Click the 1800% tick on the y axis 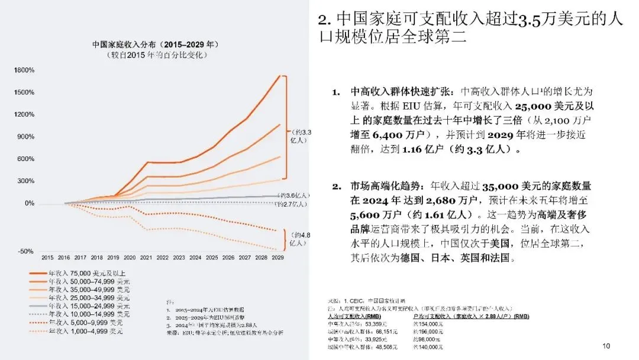coord(25,70)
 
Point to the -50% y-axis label coord(26,252)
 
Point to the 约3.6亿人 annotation coord(292,195)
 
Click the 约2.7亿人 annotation coord(292,204)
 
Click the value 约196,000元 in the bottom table coord(427,332)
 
